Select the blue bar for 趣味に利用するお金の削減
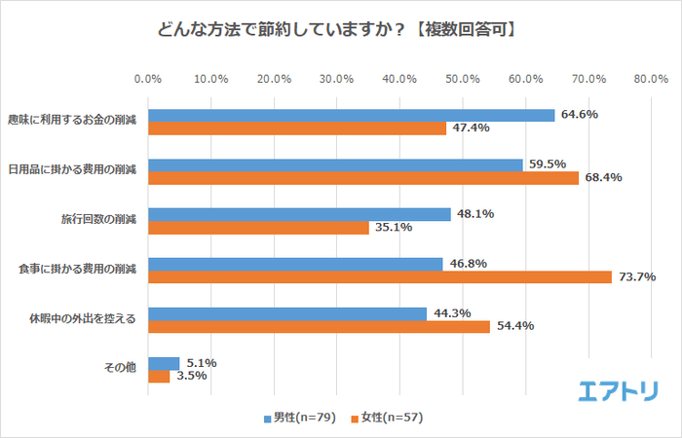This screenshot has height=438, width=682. (351, 115)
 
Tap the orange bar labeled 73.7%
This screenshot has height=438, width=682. (380, 276)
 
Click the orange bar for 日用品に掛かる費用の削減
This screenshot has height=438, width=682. (362, 177)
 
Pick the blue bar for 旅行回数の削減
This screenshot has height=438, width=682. (299, 214)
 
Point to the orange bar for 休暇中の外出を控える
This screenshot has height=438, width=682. (319, 326)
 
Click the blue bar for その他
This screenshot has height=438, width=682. (164, 363)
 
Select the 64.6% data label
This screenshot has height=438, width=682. (578, 115)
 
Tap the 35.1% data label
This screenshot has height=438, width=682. (393, 228)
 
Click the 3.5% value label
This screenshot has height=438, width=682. (193, 376)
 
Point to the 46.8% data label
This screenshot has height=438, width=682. (466, 264)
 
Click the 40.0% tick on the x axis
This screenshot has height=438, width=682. (399, 78)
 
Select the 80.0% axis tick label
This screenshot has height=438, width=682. (650, 78)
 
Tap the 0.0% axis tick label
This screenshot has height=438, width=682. (148, 78)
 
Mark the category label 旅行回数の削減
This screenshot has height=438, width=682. (101, 218)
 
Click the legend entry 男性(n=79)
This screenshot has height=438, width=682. (300, 418)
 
